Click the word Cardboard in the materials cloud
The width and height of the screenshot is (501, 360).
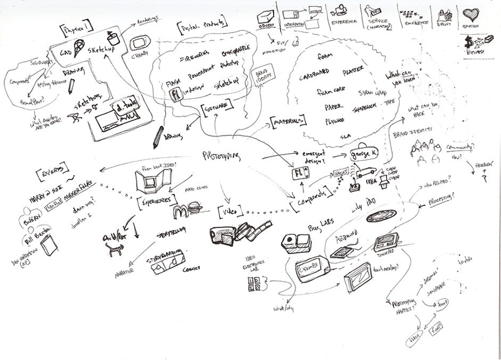click(316, 77)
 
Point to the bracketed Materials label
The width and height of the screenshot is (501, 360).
click(288, 120)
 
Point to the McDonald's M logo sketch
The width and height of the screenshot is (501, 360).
click(179, 212)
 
